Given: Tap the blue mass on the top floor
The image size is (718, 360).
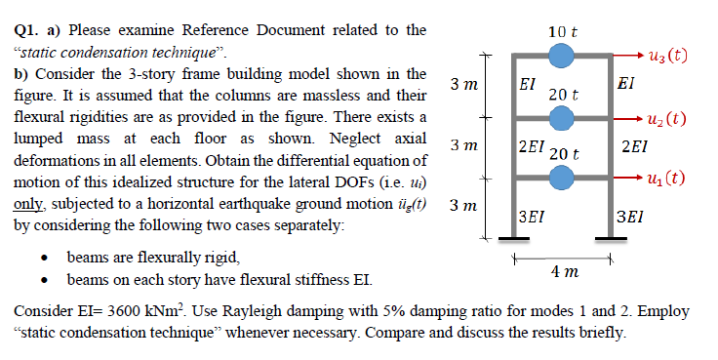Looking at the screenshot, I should point(562,56).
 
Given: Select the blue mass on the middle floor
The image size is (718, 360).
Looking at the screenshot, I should point(562,118).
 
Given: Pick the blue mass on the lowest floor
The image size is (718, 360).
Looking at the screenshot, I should point(562,178).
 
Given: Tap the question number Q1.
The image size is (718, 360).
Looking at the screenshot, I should point(26,30).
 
